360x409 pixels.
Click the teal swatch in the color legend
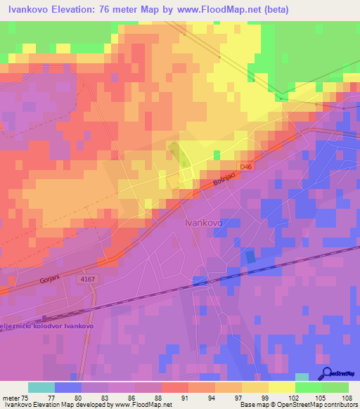[41, 387]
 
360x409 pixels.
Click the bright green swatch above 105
[308, 387]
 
